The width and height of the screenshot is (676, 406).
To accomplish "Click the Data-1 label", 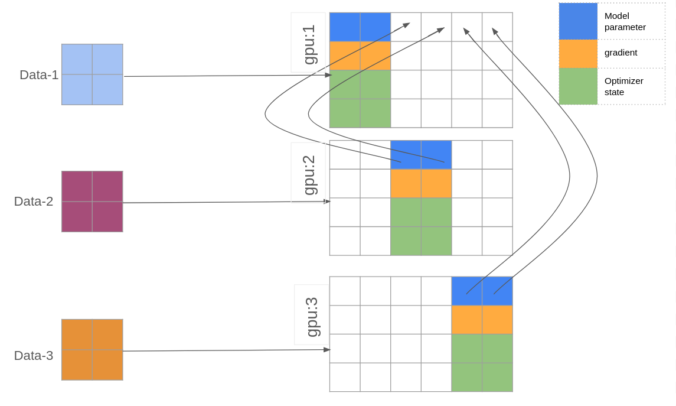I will click(x=39, y=75).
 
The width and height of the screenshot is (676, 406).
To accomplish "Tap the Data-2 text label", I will click(x=34, y=202).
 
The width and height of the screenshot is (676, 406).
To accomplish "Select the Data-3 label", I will click(x=34, y=356).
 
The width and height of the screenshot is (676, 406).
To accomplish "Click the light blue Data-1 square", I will click(x=92, y=74).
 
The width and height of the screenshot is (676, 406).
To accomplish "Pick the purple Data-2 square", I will click(x=92, y=202).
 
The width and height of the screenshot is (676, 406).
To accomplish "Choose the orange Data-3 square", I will click(x=92, y=350).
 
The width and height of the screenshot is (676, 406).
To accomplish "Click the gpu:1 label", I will click(x=309, y=44).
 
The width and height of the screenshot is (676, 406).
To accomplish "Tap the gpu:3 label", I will click(x=312, y=316).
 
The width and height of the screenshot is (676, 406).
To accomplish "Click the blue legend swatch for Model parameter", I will click(x=578, y=22).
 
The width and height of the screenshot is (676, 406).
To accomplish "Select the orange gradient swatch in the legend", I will click(x=578, y=54).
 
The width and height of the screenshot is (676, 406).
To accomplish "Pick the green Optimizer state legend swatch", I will click(x=578, y=86).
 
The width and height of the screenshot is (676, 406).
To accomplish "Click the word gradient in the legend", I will click(x=621, y=53).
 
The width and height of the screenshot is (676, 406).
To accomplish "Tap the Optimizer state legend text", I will click(x=623, y=86).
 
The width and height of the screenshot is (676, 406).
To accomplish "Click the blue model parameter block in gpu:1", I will click(x=360, y=27).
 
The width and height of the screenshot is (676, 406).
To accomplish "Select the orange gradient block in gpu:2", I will click(x=421, y=183).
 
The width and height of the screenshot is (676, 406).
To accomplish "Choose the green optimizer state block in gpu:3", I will click(x=482, y=362).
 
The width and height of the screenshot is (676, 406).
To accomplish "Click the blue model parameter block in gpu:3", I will click(x=482, y=291).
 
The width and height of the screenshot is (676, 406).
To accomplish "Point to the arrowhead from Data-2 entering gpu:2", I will click(x=327, y=202).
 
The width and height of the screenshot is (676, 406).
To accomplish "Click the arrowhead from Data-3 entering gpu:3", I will click(x=327, y=350).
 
